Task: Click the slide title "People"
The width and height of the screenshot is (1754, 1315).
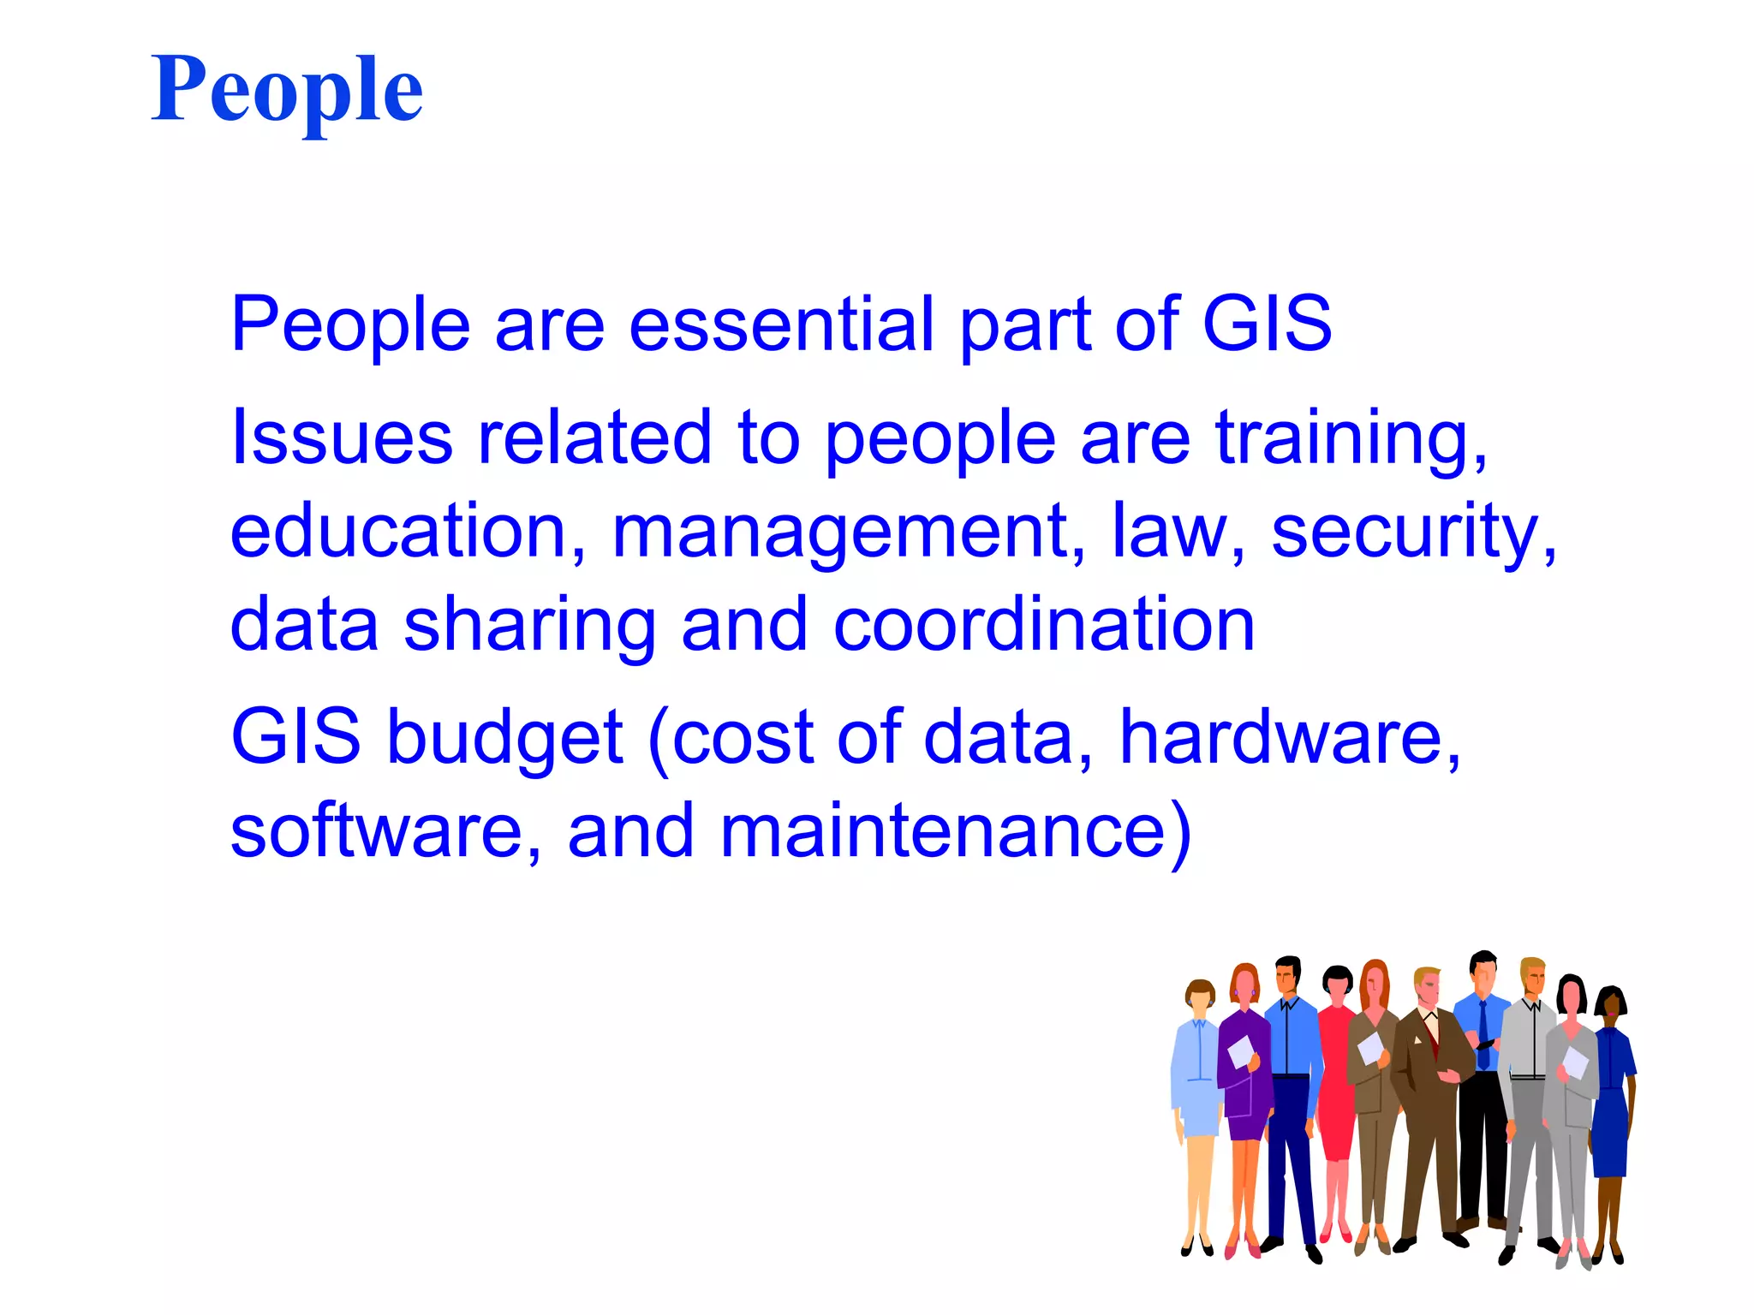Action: [287, 90]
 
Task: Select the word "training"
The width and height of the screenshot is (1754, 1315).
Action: [1350, 438]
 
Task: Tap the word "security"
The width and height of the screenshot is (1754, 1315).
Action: [1413, 533]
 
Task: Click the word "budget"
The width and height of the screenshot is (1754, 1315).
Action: [505, 737]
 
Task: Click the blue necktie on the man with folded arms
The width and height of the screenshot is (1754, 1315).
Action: [1483, 1036]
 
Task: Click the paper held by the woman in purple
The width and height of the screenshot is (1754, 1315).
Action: [1239, 1050]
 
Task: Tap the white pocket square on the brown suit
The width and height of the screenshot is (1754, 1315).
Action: [1417, 1041]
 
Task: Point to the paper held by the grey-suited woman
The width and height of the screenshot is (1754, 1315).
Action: [1574, 1062]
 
